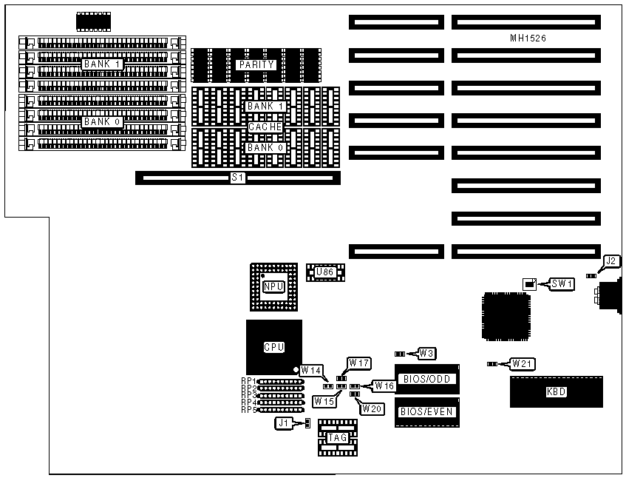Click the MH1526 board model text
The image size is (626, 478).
pyautogui.click(x=528, y=38)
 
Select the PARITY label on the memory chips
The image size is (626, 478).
pyautogui.click(x=256, y=64)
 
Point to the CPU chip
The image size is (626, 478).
pyautogui.click(x=273, y=346)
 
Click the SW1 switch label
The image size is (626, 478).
pyautogui.click(x=562, y=283)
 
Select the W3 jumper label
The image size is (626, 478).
pyautogui.click(x=426, y=353)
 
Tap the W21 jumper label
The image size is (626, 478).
pyautogui.click(x=523, y=363)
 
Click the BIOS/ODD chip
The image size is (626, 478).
pyautogui.click(x=426, y=379)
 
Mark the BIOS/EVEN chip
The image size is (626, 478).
pyautogui.click(x=426, y=412)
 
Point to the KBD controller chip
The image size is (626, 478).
pyautogui.click(x=555, y=391)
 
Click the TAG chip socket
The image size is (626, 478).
pyautogui.click(x=337, y=437)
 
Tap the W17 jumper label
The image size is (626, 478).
pyautogui.click(x=360, y=363)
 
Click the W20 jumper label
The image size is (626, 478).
pyautogui.click(x=371, y=408)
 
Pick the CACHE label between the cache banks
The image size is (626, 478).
pyautogui.click(x=265, y=127)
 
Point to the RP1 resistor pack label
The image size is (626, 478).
pyautogui.click(x=248, y=381)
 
